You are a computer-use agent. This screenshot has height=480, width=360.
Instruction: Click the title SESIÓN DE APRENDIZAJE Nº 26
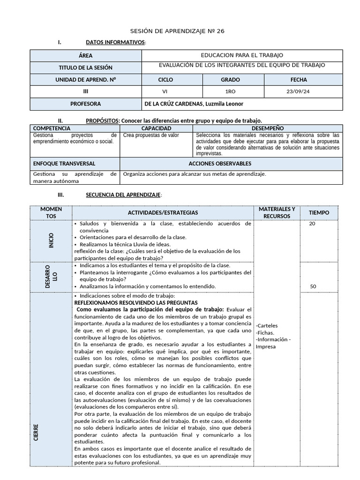(180, 31)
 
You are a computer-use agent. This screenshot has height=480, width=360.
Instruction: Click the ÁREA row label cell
(86, 55)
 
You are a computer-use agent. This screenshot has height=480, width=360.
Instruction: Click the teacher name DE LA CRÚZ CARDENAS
(194, 104)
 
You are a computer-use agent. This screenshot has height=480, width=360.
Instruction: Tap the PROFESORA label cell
(86, 104)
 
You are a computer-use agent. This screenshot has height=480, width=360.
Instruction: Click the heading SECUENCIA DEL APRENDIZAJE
(124, 195)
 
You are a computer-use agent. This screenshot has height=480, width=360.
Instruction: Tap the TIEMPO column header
(319, 212)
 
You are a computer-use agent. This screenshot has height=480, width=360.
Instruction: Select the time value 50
(313, 286)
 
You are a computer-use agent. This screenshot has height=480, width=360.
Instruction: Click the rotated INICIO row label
(51, 240)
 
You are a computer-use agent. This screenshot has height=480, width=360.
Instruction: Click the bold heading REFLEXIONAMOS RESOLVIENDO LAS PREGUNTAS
(136, 303)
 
